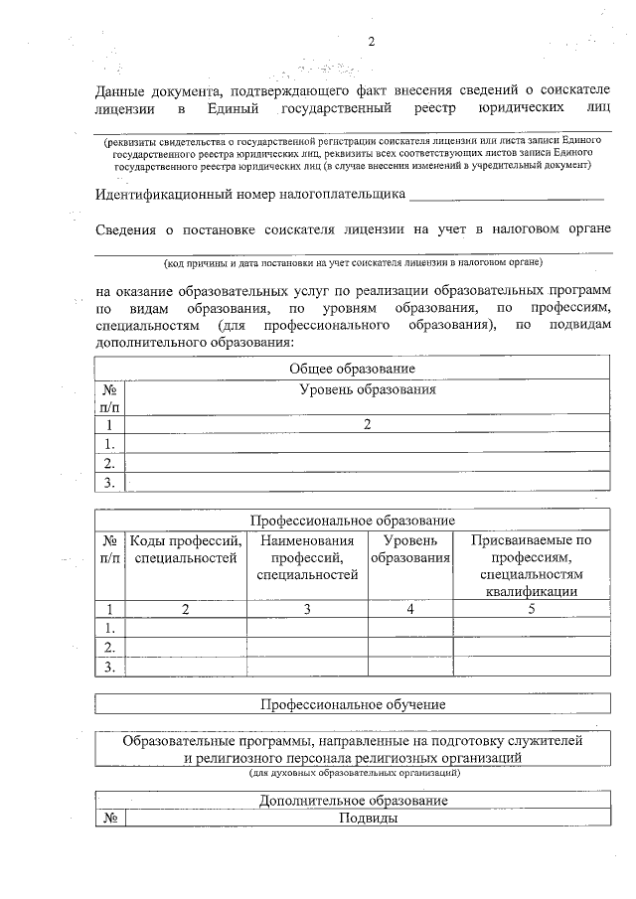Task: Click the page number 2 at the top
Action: click(372, 43)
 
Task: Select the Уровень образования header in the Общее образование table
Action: click(368, 389)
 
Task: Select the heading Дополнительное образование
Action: click(353, 801)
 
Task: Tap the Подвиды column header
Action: click(368, 819)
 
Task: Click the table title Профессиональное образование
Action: click(353, 521)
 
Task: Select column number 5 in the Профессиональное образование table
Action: click(532, 609)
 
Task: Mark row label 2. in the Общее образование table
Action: click(109, 462)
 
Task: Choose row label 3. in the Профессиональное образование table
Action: click(109, 667)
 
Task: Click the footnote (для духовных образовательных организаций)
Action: click(353, 771)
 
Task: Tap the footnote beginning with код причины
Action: click(353, 264)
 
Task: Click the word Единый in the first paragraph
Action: click(235, 106)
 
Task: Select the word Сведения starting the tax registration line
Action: click(127, 230)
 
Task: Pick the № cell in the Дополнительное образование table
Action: click(110, 819)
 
